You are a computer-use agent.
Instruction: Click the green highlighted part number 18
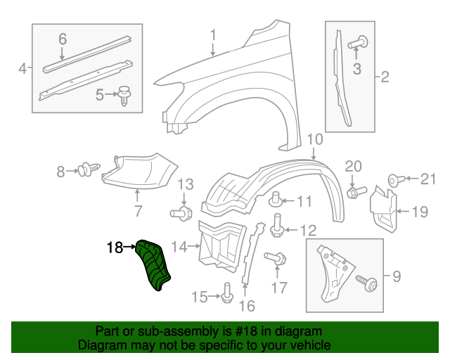(x=153, y=264)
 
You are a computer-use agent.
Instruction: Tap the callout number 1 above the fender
(x=213, y=35)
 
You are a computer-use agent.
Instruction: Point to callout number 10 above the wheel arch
(x=314, y=139)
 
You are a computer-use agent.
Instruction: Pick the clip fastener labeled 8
(x=86, y=169)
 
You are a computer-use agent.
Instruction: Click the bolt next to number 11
(x=277, y=199)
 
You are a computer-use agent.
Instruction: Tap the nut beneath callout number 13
(x=183, y=212)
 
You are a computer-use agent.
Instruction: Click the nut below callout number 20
(x=355, y=190)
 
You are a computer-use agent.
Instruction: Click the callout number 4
(x=22, y=68)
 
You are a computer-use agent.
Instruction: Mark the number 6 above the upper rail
(x=62, y=39)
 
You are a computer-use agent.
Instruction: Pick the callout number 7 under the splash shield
(x=138, y=210)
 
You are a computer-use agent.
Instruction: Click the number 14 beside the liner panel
(x=179, y=247)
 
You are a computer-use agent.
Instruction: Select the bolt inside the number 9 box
(x=366, y=283)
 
